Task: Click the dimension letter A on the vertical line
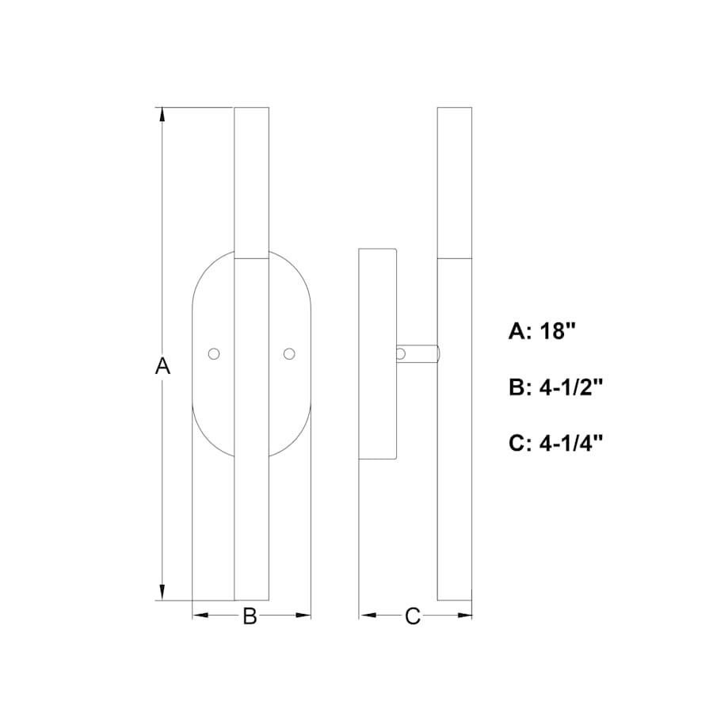(x=162, y=366)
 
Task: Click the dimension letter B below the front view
(x=250, y=616)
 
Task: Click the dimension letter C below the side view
(x=412, y=616)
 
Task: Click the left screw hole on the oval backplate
(x=213, y=353)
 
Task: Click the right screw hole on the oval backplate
(x=289, y=353)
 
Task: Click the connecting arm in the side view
(x=420, y=353)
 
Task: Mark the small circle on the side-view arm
(x=402, y=353)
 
